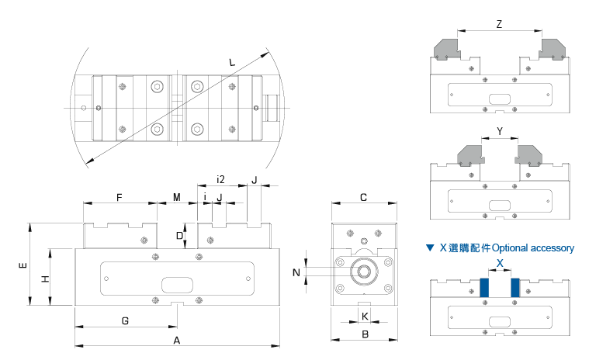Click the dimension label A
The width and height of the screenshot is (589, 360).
(x=176, y=340)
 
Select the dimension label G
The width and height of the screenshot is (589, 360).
(x=126, y=320)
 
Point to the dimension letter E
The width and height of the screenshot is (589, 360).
(x=21, y=265)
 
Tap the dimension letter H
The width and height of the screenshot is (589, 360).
(x=45, y=277)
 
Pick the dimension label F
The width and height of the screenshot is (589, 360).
(x=120, y=198)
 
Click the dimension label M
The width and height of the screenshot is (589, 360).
(x=176, y=198)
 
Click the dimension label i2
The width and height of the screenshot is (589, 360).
(x=220, y=180)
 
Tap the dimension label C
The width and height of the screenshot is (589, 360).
(x=363, y=198)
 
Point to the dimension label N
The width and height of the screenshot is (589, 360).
(x=296, y=272)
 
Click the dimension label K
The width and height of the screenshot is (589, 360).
(x=365, y=316)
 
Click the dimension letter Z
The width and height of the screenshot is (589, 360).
(x=499, y=24)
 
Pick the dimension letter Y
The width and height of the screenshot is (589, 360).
(x=499, y=131)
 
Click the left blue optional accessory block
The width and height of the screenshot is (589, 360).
(x=484, y=287)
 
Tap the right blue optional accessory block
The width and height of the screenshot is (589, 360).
(x=515, y=287)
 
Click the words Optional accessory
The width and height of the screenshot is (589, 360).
(x=533, y=248)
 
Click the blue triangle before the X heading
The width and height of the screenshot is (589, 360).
(x=430, y=248)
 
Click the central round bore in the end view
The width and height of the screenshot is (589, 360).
(x=363, y=272)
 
